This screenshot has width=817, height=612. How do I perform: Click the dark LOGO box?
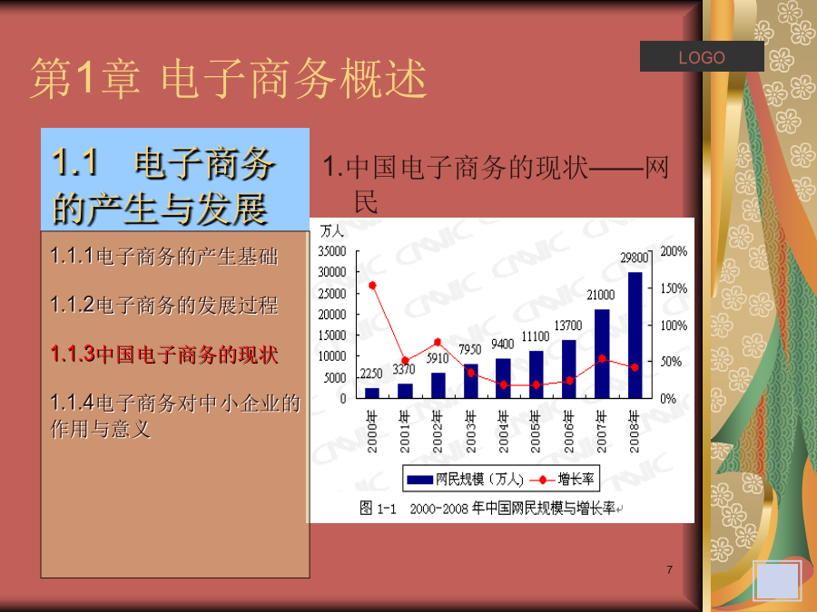(x=702, y=56)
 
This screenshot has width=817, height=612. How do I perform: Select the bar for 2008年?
(x=635, y=335)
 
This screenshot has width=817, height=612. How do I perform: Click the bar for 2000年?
(x=372, y=393)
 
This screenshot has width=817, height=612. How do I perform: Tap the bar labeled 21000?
(x=602, y=354)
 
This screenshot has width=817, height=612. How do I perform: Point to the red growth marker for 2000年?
(x=372, y=286)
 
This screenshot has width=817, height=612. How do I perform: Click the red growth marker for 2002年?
(x=438, y=343)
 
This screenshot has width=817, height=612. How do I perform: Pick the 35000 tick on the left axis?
(x=332, y=251)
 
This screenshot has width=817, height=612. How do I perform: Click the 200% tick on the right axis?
(x=674, y=251)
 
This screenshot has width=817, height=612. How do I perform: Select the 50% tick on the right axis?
(x=671, y=362)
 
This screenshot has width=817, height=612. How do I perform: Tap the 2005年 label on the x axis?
(x=536, y=432)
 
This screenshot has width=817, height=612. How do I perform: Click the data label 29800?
(x=635, y=257)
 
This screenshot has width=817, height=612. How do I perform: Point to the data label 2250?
(x=371, y=374)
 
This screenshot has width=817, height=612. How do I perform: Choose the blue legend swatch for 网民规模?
(x=419, y=480)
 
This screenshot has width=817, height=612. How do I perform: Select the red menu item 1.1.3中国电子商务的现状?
(x=164, y=355)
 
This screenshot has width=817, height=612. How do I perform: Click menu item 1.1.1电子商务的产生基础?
(x=164, y=256)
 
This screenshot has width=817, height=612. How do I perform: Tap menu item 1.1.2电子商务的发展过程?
(x=164, y=305)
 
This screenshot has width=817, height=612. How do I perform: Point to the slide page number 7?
(x=670, y=570)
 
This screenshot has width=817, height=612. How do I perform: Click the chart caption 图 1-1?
(x=378, y=508)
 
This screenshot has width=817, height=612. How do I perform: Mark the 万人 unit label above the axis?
(x=331, y=230)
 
